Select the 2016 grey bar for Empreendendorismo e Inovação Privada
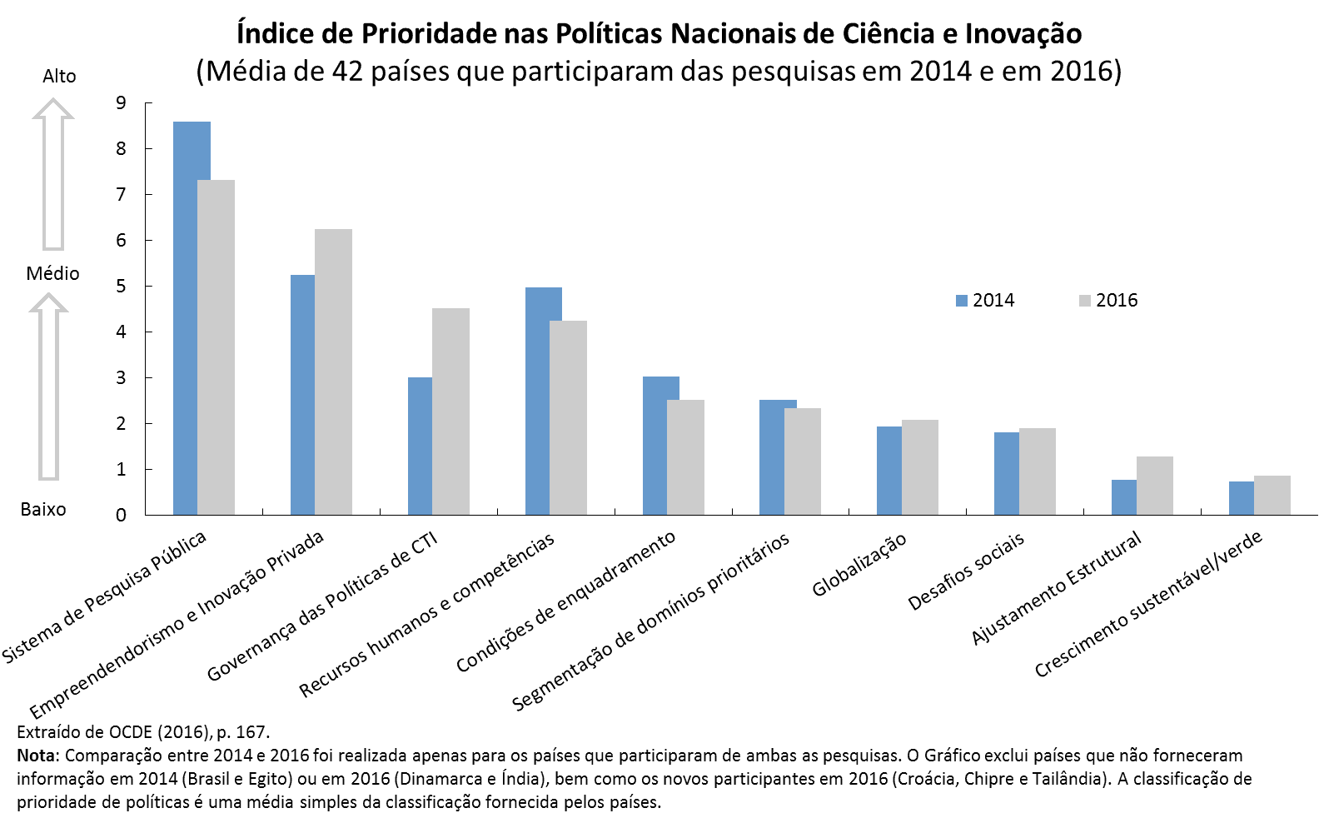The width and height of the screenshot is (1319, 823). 333,371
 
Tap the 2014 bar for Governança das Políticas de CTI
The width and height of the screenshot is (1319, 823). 420,446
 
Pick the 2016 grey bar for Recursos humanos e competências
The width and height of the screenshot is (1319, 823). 568,416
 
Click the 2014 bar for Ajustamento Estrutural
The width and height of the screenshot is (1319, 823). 1123,497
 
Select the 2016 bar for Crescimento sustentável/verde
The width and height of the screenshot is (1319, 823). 1272,495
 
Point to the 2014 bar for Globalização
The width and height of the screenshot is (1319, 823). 888,471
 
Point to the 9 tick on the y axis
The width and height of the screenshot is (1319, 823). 122,103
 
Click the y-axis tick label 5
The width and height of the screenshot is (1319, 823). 122,287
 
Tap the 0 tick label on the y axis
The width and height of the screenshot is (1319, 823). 122,516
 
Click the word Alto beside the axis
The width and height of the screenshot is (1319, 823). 59,77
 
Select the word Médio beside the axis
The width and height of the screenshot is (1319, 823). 52,274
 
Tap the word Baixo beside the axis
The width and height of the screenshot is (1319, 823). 43,510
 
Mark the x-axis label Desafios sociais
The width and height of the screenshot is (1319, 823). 966,571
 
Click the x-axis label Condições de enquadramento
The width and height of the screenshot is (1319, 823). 565,601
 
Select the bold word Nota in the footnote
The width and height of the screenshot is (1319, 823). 37,756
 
